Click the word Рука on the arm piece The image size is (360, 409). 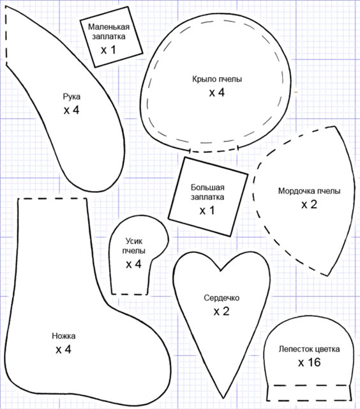(71, 96)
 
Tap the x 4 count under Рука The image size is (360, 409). (71, 110)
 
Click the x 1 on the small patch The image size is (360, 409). (108, 50)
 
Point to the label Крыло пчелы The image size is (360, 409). (217, 79)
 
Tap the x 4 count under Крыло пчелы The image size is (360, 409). (217, 92)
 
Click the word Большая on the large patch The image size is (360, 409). (207, 187)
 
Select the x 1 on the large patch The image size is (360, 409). (207, 210)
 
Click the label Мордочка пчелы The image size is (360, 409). (309, 191)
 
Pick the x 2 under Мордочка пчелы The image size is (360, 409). (309, 204)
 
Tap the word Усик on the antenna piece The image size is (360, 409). (134, 241)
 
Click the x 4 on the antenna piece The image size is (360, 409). (133, 264)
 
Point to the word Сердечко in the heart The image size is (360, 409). (221, 298)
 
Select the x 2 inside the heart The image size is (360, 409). (221, 311)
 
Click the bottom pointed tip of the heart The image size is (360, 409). (223, 398)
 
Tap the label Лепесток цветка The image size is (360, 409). (309, 349)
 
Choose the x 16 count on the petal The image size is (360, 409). (309, 362)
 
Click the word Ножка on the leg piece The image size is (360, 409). (64, 336)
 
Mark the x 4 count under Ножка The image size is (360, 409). (63, 350)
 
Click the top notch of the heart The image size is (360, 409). (221, 270)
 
